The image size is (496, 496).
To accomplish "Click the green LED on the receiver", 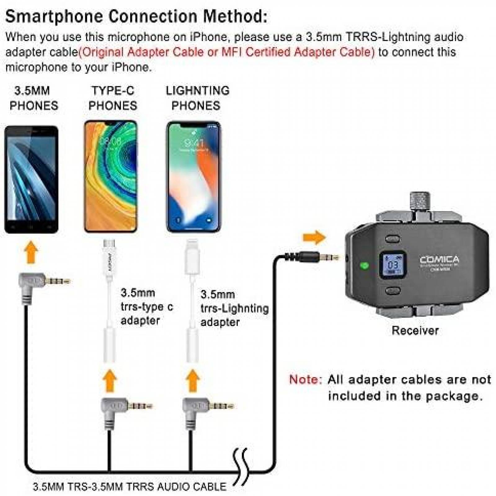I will point(364,266).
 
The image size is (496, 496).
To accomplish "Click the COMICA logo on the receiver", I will point(439,259).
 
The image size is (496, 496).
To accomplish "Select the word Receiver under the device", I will point(415,330).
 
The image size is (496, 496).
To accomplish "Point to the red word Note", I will point(305,379).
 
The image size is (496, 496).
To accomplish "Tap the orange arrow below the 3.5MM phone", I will point(31,253).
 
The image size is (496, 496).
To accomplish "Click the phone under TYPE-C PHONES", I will point(111,176).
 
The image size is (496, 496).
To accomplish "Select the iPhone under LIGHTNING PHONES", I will point(194,176).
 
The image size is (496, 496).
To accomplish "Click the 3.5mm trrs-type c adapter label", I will point(146,307).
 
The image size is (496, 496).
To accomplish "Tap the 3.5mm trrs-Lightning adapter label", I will point(234,308).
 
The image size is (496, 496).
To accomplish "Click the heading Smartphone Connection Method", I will point(136,16).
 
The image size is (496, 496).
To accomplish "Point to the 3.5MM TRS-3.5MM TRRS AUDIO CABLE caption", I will point(130,486).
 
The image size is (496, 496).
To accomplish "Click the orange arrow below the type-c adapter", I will point(110,381).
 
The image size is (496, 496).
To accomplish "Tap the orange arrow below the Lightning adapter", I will point(193,381).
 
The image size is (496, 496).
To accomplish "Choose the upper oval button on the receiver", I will point(392,239).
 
